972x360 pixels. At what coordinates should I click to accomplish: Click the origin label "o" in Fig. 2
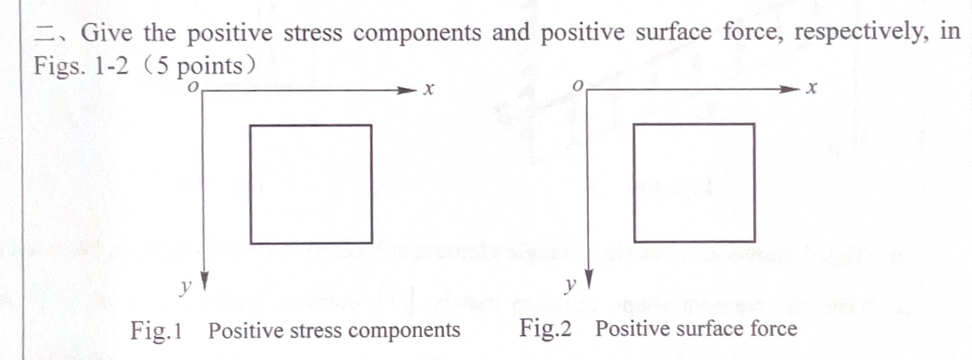tap(578, 87)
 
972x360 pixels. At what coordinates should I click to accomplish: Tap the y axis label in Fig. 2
tap(570, 285)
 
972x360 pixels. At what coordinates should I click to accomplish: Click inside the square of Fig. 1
tap(311, 185)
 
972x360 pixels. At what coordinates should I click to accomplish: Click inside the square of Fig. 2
tap(693, 183)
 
